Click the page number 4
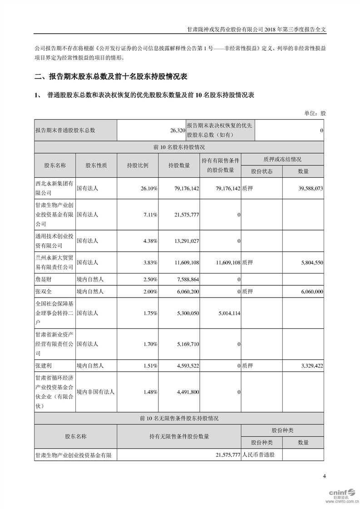pyautogui.click(x=324, y=476)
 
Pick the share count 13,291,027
pyautogui.click(x=183, y=241)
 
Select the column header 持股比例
pyautogui.click(x=138, y=166)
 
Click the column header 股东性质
pyautogui.click(x=96, y=166)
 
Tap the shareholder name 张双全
pyautogui.click(x=44, y=291)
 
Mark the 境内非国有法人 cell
pyautogui.click(x=96, y=392)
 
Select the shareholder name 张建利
pyautogui.click(x=44, y=365)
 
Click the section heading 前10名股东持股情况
pyautogui.click(x=179, y=147)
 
